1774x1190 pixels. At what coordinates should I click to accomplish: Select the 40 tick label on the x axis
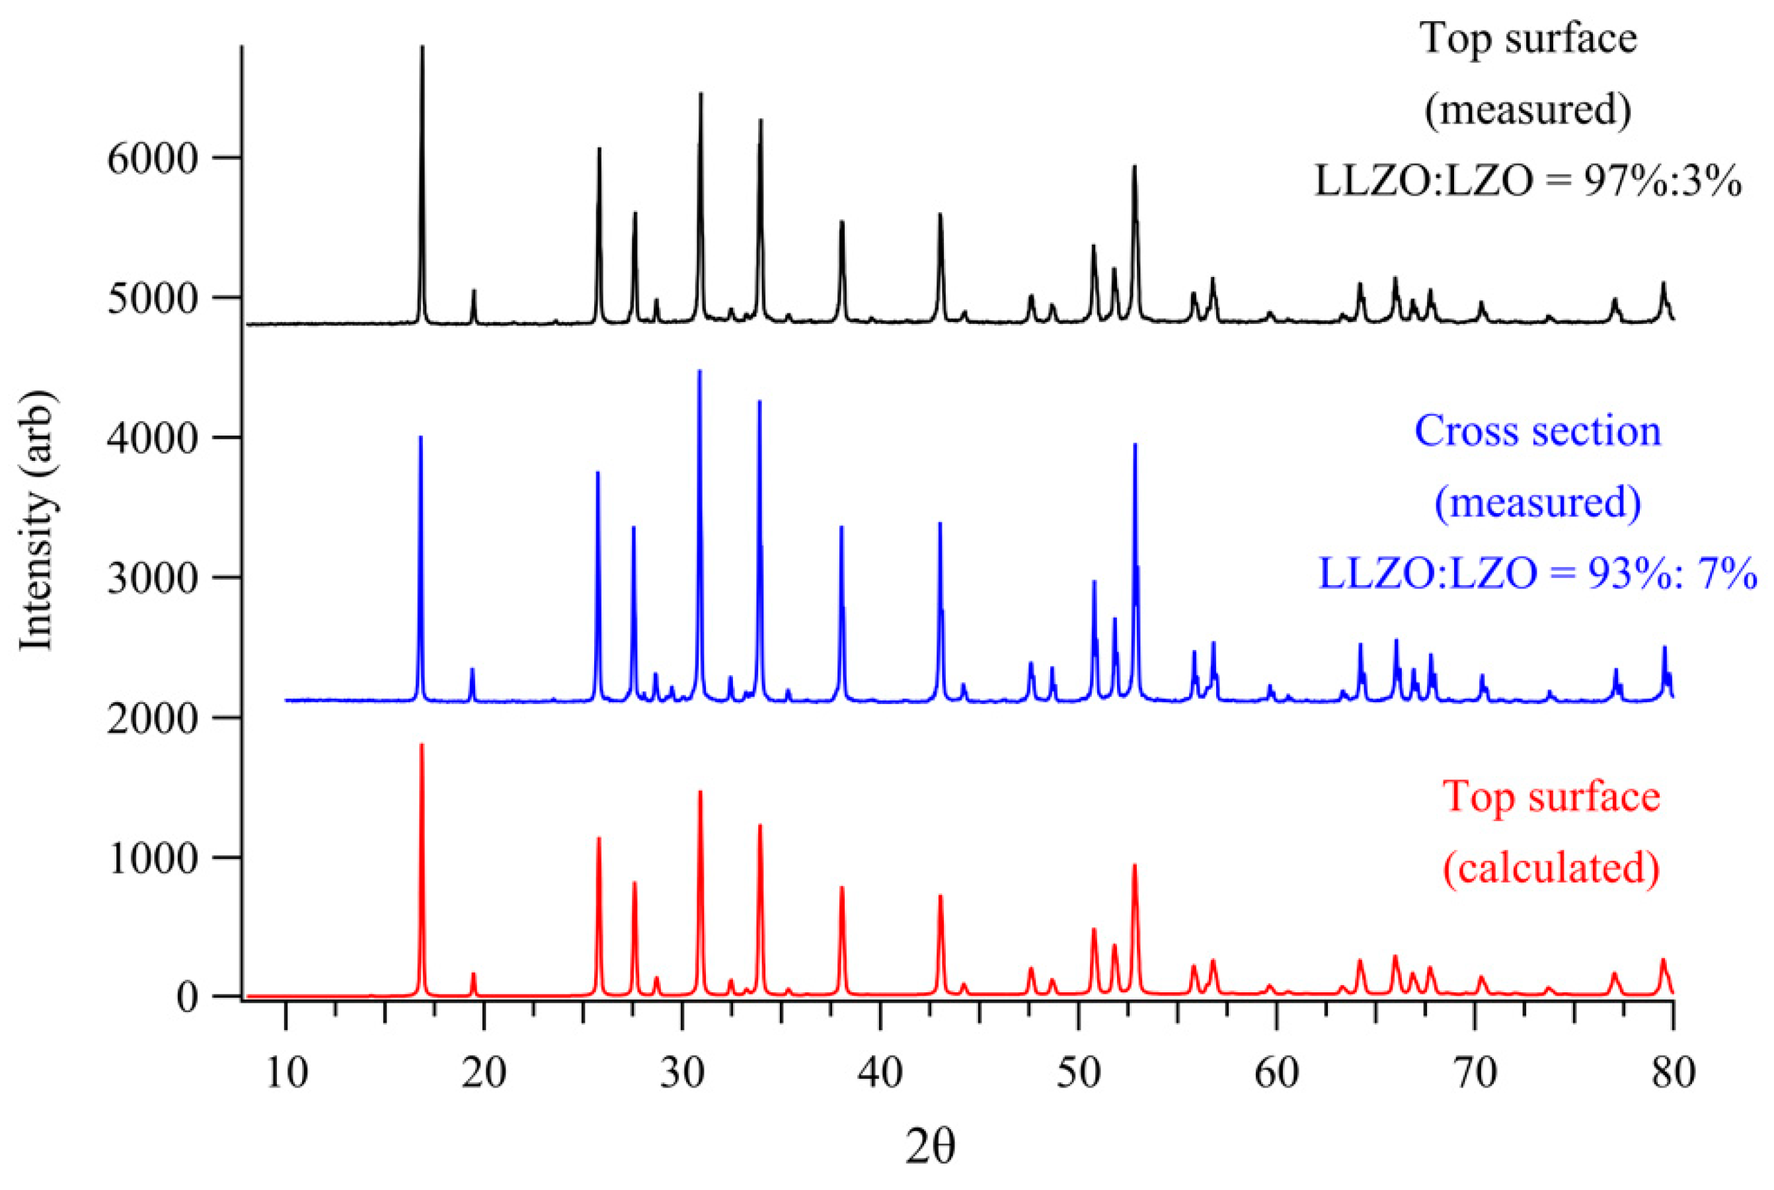coord(880,1073)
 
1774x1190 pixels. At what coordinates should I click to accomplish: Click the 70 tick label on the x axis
coord(1475,1073)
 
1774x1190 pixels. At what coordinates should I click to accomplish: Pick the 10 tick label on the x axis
coord(287,1073)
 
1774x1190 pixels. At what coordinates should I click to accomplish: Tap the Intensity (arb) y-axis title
coord(36,521)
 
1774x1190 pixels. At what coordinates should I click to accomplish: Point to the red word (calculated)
coord(1551,867)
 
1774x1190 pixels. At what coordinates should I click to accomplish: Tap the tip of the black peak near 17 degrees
coord(422,47)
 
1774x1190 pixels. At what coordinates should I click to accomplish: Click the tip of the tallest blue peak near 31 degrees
coord(699,371)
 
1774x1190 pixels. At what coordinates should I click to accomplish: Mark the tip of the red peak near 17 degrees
coord(422,744)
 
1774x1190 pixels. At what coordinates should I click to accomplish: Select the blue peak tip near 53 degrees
coord(1135,445)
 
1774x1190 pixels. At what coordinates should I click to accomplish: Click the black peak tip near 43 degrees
coord(940,215)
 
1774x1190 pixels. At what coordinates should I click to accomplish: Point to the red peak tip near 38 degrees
coord(841,887)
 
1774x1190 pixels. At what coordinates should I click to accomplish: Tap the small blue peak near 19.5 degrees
coord(472,669)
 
